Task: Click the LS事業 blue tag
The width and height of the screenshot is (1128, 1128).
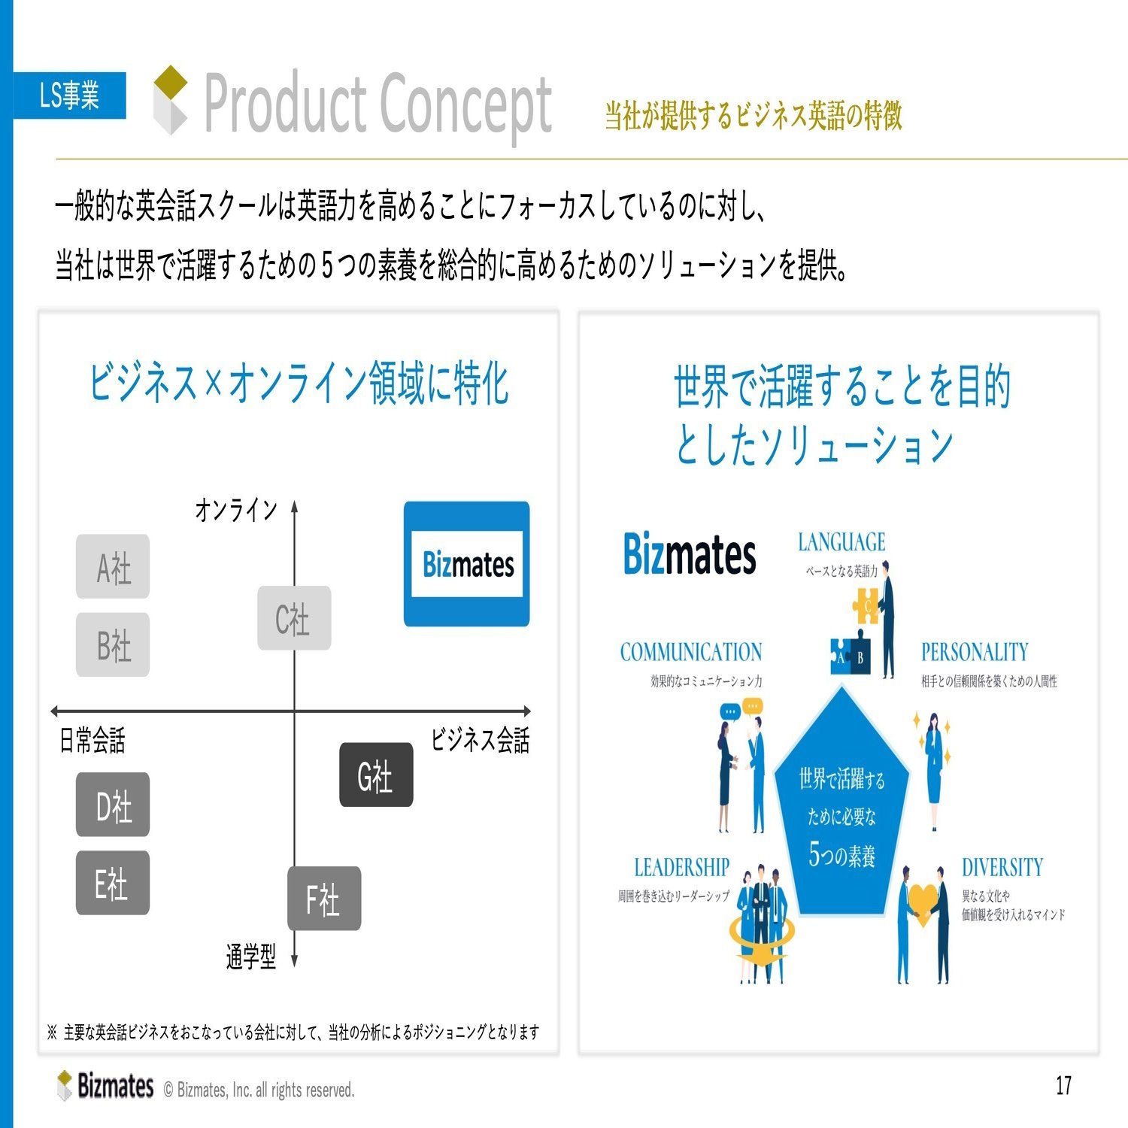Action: (x=69, y=96)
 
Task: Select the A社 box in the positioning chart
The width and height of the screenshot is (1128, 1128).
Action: (x=113, y=567)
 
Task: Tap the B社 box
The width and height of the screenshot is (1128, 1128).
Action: (x=113, y=645)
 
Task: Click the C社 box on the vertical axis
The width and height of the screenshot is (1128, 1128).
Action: (x=294, y=618)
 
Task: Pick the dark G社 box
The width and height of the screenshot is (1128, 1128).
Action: (x=376, y=775)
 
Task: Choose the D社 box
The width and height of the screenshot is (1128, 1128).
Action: (x=113, y=805)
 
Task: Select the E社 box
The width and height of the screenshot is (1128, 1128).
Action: (x=113, y=883)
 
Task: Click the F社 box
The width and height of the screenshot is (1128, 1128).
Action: (x=324, y=899)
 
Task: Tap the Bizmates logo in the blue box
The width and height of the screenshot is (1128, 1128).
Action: (x=467, y=564)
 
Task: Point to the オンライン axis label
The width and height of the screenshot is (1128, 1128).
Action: (x=236, y=510)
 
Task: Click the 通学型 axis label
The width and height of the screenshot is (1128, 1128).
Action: (x=251, y=957)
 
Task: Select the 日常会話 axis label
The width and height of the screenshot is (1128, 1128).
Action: (x=92, y=741)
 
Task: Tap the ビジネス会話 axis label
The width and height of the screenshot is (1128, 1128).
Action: (x=480, y=740)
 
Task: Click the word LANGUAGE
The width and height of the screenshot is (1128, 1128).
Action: (x=841, y=542)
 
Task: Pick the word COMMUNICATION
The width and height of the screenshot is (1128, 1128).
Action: (x=691, y=652)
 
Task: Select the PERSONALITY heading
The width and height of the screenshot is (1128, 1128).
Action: (x=975, y=652)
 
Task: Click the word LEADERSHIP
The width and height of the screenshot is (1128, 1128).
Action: (x=682, y=868)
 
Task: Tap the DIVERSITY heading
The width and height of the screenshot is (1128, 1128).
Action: (x=1002, y=868)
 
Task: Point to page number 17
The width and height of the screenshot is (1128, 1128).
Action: (x=1063, y=1086)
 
